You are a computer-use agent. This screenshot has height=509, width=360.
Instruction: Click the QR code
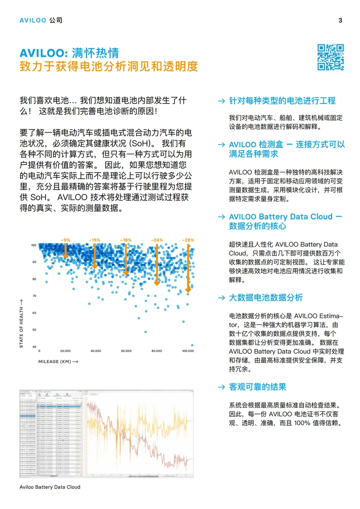[331, 57]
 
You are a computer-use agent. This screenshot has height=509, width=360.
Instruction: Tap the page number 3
[340, 20]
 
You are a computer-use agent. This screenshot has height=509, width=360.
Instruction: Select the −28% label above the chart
[188, 240]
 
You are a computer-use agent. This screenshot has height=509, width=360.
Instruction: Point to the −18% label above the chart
[126, 240]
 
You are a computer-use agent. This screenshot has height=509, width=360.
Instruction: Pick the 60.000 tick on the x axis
[126, 351]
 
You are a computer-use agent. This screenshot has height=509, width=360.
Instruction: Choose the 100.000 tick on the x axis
[188, 351]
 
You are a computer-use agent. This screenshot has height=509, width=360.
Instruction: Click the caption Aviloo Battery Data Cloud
[50, 487]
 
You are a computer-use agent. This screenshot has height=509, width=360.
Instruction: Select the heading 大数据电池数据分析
[266, 298]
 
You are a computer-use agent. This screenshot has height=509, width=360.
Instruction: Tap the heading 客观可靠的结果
[258, 387]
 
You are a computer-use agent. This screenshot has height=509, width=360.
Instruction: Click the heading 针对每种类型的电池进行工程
[282, 101]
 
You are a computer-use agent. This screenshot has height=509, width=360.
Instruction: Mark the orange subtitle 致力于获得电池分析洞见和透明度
[109, 67]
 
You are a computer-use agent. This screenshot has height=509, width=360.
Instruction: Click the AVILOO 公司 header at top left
[41, 20]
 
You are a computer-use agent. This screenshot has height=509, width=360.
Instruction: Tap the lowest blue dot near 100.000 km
[192, 345]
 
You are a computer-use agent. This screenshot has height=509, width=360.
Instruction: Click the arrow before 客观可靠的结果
[221, 387]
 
